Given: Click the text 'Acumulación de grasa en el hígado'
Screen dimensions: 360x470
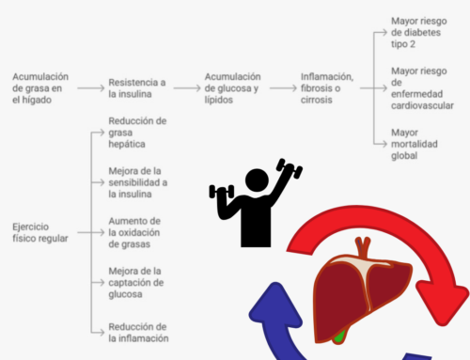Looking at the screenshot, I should (38, 86).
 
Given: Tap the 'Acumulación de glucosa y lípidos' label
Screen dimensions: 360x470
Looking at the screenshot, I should (233, 86).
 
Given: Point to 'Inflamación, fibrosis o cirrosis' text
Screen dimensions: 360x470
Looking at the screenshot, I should (326, 86).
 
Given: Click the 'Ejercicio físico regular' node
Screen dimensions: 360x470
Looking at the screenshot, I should (39, 232).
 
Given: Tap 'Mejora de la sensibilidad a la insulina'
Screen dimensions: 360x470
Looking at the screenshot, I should (138, 181).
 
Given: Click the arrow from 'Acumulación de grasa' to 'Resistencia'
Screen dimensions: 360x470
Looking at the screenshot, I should (89, 87).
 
